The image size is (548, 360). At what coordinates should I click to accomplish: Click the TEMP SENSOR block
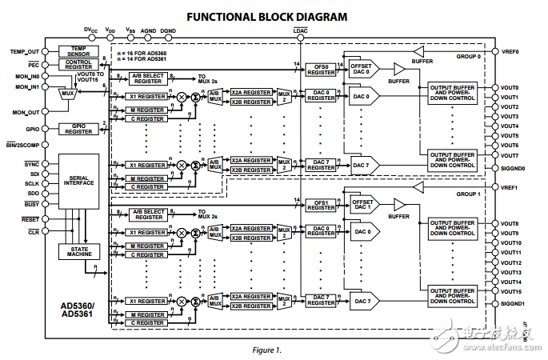tap(78, 50)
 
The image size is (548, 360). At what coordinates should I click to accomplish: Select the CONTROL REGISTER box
tap(78, 63)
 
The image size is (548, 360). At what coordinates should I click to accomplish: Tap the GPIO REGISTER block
tap(78, 128)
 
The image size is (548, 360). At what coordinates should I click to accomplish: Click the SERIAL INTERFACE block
tap(78, 179)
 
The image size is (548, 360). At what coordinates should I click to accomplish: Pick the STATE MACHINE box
tap(78, 251)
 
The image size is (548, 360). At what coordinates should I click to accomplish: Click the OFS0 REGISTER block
tap(322, 70)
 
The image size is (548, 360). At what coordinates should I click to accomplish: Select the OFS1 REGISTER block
tap(322, 205)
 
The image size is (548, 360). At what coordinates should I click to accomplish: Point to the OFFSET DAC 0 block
tap(362, 69)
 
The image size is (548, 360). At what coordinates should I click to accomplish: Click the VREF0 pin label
tap(510, 51)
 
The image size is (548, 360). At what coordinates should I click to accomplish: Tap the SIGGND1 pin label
tap(513, 303)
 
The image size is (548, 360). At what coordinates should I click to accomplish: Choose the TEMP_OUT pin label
tap(25, 51)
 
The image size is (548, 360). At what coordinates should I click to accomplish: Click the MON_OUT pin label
tap(26, 112)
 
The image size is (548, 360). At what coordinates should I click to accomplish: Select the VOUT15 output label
tap(510, 293)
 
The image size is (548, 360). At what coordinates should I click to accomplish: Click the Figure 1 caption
tap(267, 350)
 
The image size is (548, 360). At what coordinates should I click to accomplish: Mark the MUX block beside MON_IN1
tap(67, 94)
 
